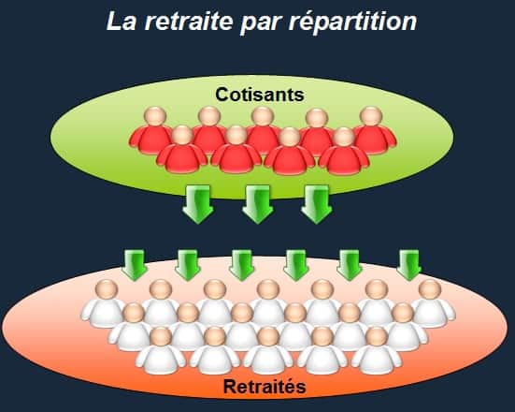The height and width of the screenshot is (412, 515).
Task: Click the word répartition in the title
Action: pos(352,22)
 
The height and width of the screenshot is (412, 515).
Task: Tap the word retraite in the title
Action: pos(189,21)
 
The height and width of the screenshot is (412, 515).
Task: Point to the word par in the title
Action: pos(261,24)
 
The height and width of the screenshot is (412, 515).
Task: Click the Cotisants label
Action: pos(260,95)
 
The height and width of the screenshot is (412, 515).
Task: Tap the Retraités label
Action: pos(265,387)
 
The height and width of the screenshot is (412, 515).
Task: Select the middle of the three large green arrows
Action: pos(258,204)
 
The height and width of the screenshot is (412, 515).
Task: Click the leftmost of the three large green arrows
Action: pos(198,204)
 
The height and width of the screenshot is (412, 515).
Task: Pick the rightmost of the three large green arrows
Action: pos(317,204)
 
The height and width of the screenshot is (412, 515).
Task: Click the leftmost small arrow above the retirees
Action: pos(134,265)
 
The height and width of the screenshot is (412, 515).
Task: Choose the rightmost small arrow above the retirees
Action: pos(408,265)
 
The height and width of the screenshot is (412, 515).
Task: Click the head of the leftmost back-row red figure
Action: pos(155,116)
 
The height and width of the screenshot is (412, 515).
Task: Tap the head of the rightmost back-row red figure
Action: pos(371,116)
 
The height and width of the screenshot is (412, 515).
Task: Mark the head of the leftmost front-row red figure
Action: pos(182,136)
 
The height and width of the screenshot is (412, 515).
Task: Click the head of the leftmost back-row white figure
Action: pos(107,290)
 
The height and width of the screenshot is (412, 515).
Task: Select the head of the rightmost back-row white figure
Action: pos(430,290)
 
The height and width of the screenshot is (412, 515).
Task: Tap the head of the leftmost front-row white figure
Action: pos(161,337)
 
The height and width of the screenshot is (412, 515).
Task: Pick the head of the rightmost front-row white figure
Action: pos(377,337)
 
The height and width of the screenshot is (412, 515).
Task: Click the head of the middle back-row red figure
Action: pos(263,116)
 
